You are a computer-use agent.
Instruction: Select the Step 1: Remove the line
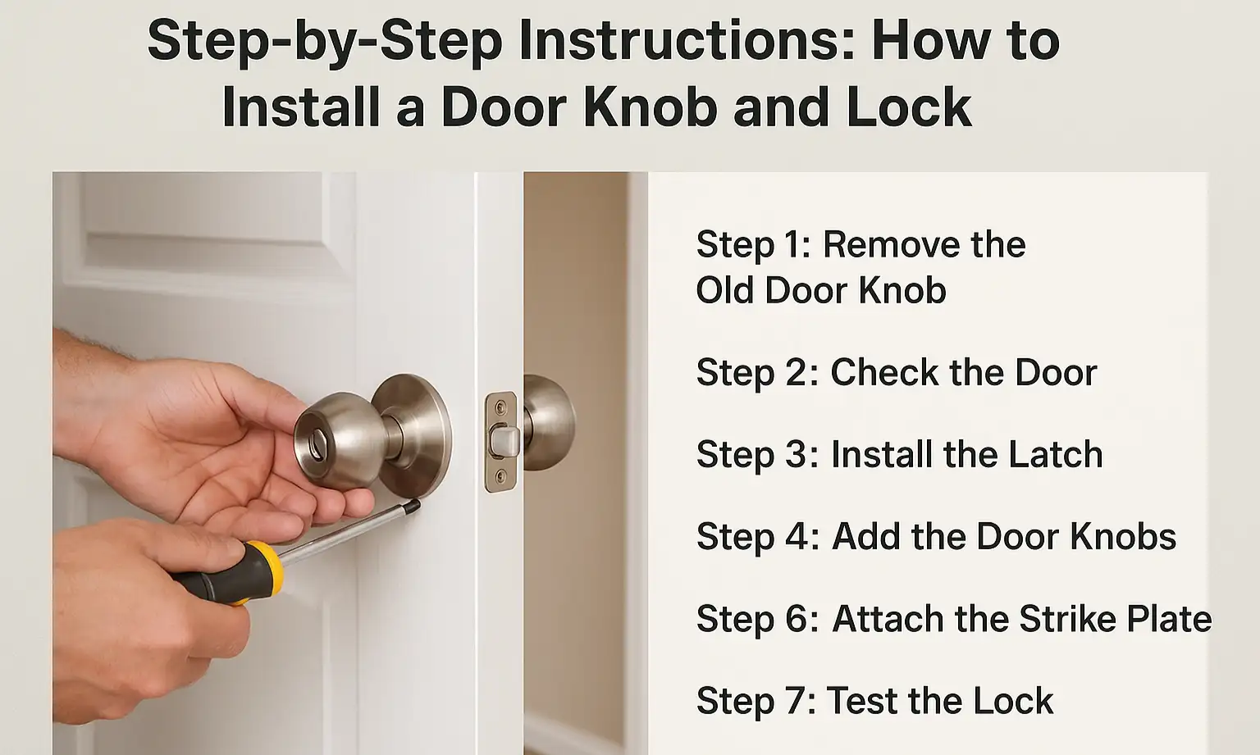[861, 244]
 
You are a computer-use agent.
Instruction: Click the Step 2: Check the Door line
[897, 373]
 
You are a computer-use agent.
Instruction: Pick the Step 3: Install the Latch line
[899, 454]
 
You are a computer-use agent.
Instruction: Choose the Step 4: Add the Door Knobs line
[936, 536]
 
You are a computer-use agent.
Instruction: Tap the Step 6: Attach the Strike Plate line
[954, 619]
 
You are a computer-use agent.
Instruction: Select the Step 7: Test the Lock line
[874, 701]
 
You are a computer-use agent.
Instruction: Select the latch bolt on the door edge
[504, 441]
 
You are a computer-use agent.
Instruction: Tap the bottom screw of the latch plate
[499, 477]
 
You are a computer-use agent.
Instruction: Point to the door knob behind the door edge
[549, 423]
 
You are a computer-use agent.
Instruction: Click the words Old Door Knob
[821, 290]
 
